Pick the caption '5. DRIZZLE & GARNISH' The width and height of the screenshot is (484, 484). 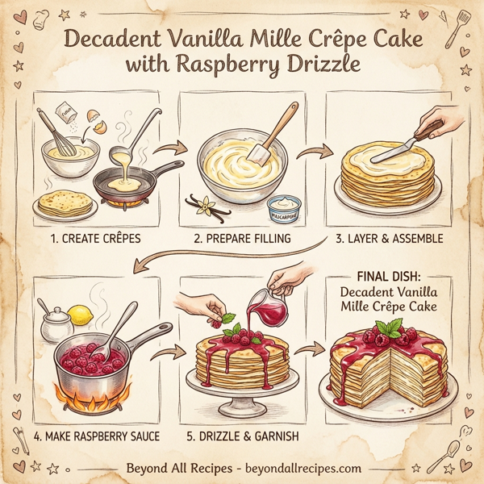242,436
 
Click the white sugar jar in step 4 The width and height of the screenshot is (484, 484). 58,325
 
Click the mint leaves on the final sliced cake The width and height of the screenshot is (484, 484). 393,328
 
